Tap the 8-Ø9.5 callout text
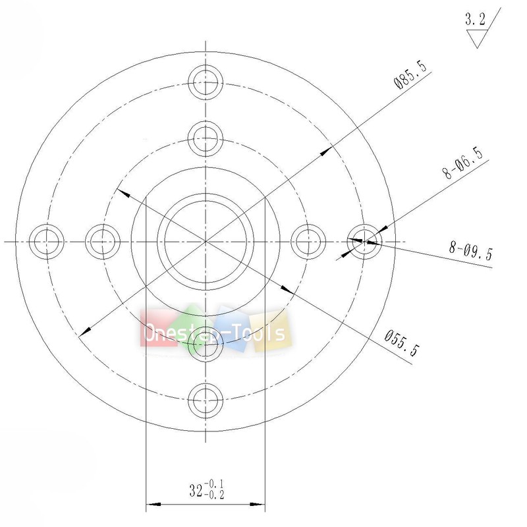(x=470, y=251)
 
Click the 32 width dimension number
(x=196, y=491)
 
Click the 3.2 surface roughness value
(x=474, y=20)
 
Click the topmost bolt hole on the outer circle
(x=206, y=82)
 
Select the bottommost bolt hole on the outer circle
(x=206, y=400)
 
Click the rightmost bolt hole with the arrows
(x=364, y=240)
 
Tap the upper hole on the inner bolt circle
(x=206, y=138)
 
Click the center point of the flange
(x=206, y=241)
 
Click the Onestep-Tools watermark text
(x=215, y=332)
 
